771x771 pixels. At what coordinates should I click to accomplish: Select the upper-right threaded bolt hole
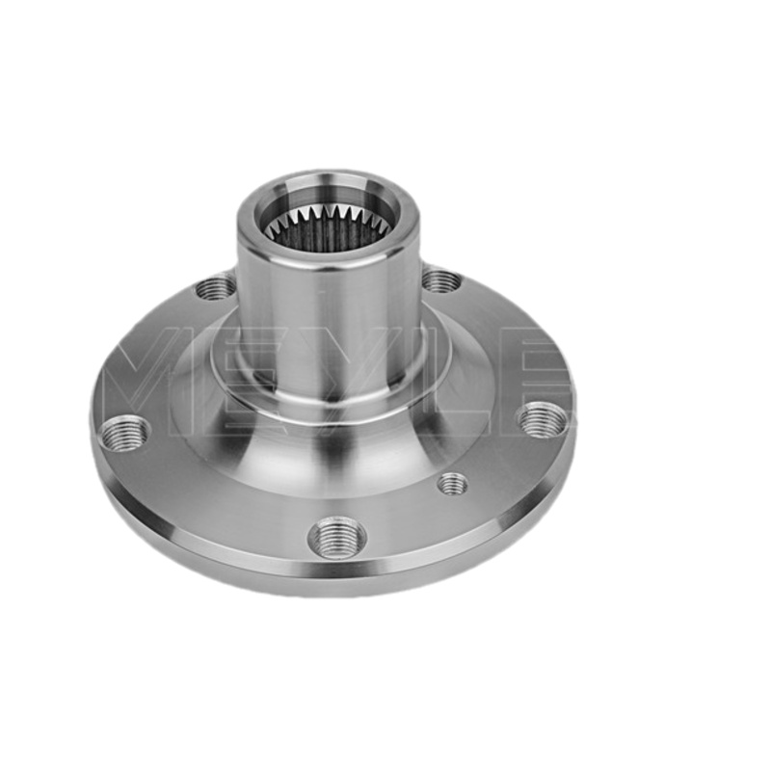point(442,281)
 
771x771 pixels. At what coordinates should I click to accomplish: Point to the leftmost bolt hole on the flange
point(124,433)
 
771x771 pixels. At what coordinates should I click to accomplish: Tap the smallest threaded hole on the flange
point(453,485)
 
